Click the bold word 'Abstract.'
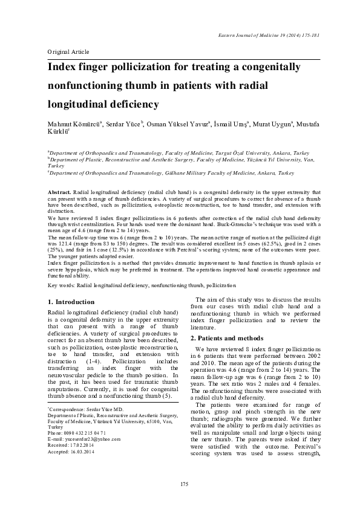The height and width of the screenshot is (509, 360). tap(59, 192)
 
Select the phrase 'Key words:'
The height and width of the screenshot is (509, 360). tap(59, 285)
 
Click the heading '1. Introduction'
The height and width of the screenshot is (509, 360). tap(70, 302)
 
